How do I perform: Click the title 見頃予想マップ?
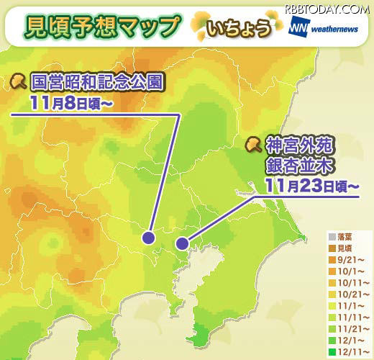pyautogui.click(x=102, y=27)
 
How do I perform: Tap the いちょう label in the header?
pyautogui.click(x=240, y=29)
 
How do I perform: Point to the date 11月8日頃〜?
pyautogui.click(x=73, y=104)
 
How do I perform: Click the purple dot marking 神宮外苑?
pyautogui.click(x=183, y=243)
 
